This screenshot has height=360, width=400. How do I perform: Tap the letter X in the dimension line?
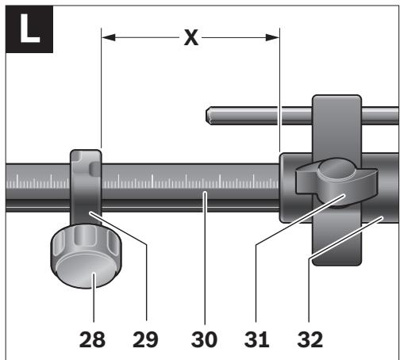pos(191,38)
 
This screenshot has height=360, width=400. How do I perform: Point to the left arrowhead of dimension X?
pos(109,37)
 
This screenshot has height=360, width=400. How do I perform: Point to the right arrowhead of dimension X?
pos(272,37)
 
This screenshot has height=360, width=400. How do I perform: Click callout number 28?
pos(92,339)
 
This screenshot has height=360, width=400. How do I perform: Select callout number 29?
pos(145,339)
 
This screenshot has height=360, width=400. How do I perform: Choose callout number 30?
pos(204,339)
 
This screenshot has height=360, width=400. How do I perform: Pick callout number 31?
pos(256,339)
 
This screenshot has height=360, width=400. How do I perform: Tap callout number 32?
pos(310,339)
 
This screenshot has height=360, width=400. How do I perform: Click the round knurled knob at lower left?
pos(86,256)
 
